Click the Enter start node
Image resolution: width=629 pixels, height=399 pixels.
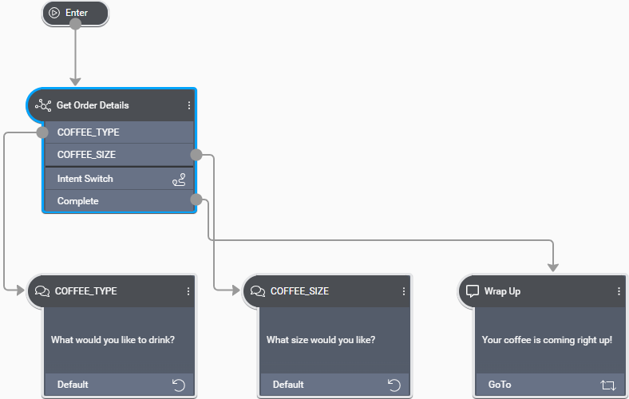(x=75, y=13)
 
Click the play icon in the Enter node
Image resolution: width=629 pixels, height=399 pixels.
(x=54, y=13)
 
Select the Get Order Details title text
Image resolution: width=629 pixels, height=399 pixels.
(x=93, y=105)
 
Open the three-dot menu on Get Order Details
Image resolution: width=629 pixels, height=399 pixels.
(x=189, y=105)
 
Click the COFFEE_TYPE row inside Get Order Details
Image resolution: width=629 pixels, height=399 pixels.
(x=89, y=132)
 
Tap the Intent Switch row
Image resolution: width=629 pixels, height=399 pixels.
(x=85, y=179)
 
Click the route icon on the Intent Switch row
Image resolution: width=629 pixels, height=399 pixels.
(x=179, y=180)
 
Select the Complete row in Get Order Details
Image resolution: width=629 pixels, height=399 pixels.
(x=78, y=201)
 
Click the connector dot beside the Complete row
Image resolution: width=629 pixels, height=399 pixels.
(x=196, y=199)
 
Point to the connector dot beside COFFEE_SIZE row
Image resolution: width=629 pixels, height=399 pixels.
(x=196, y=155)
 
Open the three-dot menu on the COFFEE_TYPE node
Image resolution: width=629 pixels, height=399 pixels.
(x=188, y=291)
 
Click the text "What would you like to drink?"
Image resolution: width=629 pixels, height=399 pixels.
(x=113, y=340)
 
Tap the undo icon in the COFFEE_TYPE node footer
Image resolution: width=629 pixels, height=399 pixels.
(x=178, y=385)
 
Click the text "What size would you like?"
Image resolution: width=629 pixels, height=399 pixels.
(x=321, y=340)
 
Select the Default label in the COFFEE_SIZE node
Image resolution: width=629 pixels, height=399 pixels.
(x=288, y=385)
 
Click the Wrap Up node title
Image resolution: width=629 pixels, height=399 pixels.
(x=502, y=291)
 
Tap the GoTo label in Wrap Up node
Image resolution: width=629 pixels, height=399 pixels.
(x=500, y=385)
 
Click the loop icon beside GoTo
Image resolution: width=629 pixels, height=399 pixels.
(x=608, y=385)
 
